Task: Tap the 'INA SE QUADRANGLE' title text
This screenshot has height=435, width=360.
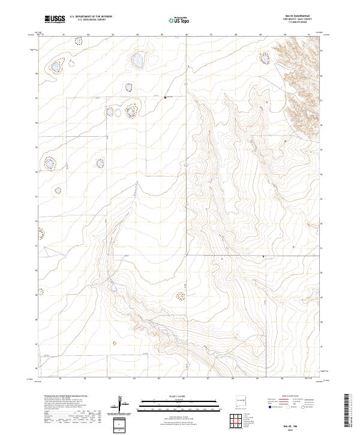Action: [301, 15]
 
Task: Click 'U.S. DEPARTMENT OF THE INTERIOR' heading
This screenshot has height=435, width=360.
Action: [91, 16]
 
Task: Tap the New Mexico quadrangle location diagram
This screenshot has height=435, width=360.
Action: [240, 400]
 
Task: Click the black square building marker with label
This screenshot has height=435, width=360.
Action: [166, 97]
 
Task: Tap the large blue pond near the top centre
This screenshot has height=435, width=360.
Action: [137, 60]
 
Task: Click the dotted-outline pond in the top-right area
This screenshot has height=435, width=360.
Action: [264, 58]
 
